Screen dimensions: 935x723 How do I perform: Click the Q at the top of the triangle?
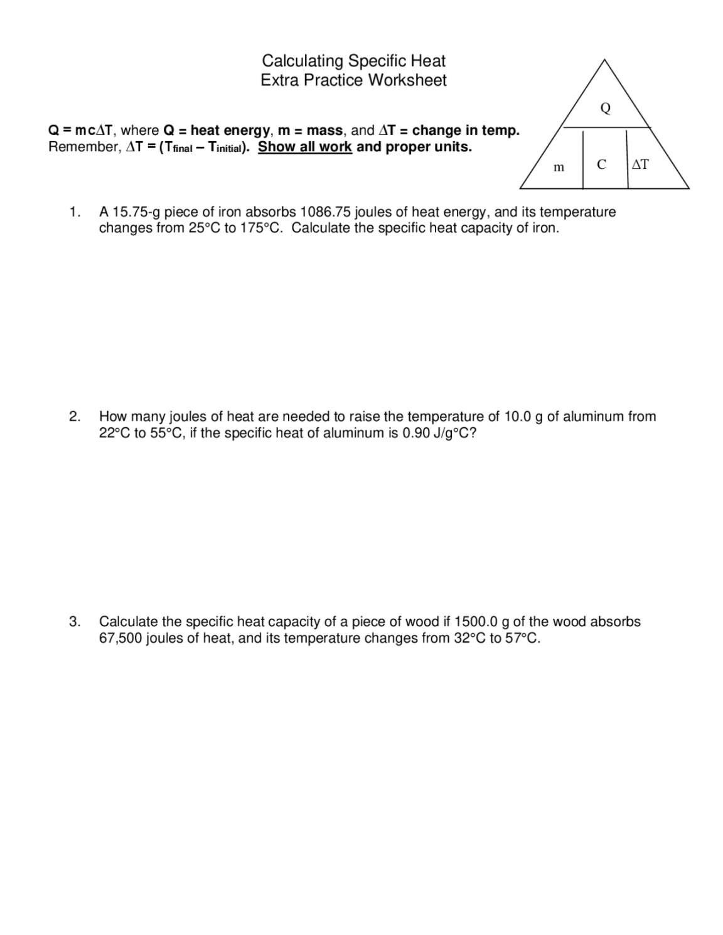pyautogui.click(x=605, y=109)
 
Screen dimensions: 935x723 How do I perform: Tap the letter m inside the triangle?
pyautogui.click(x=558, y=167)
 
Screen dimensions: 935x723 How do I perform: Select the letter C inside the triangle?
pyautogui.click(x=601, y=164)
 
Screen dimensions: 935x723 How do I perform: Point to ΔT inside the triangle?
pyautogui.click(x=640, y=164)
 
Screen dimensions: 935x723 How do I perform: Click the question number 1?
pyautogui.click(x=75, y=212)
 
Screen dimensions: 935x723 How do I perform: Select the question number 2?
pyautogui.click(x=75, y=417)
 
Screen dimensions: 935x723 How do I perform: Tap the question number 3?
pyautogui.click(x=75, y=622)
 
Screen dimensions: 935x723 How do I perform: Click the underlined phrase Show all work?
pyautogui.click(x=305, y=147)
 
